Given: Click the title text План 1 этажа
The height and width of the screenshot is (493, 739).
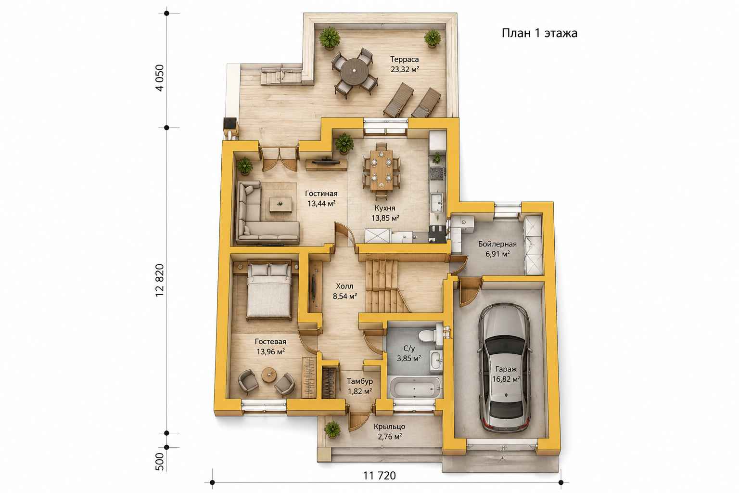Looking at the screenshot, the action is pos(539,33).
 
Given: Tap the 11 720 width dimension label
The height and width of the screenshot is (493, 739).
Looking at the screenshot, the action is pos(380,476).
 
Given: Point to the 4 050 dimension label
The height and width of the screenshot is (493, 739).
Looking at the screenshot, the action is pos(160,78).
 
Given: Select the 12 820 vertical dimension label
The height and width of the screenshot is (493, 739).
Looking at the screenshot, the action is pos(160,280).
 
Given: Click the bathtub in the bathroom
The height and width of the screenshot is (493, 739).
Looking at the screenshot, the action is pos(415,389).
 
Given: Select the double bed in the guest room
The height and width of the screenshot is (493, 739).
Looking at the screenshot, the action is pos(269,291).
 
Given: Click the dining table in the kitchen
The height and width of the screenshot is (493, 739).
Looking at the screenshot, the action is pos(382,170).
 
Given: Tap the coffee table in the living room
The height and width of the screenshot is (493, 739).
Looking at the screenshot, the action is pos(280,205).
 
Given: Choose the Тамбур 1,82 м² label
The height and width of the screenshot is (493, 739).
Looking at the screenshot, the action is pos(359,386).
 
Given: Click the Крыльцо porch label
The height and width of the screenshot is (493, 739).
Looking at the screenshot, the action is pos(389,427).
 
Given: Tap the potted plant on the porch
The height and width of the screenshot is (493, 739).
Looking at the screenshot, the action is pos(332,429).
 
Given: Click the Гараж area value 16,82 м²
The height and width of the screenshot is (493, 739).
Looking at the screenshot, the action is pos(506,379).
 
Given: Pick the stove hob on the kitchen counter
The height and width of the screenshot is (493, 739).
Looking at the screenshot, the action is pos(437,172).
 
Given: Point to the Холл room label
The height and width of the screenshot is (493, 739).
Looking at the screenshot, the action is pos(344,286).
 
